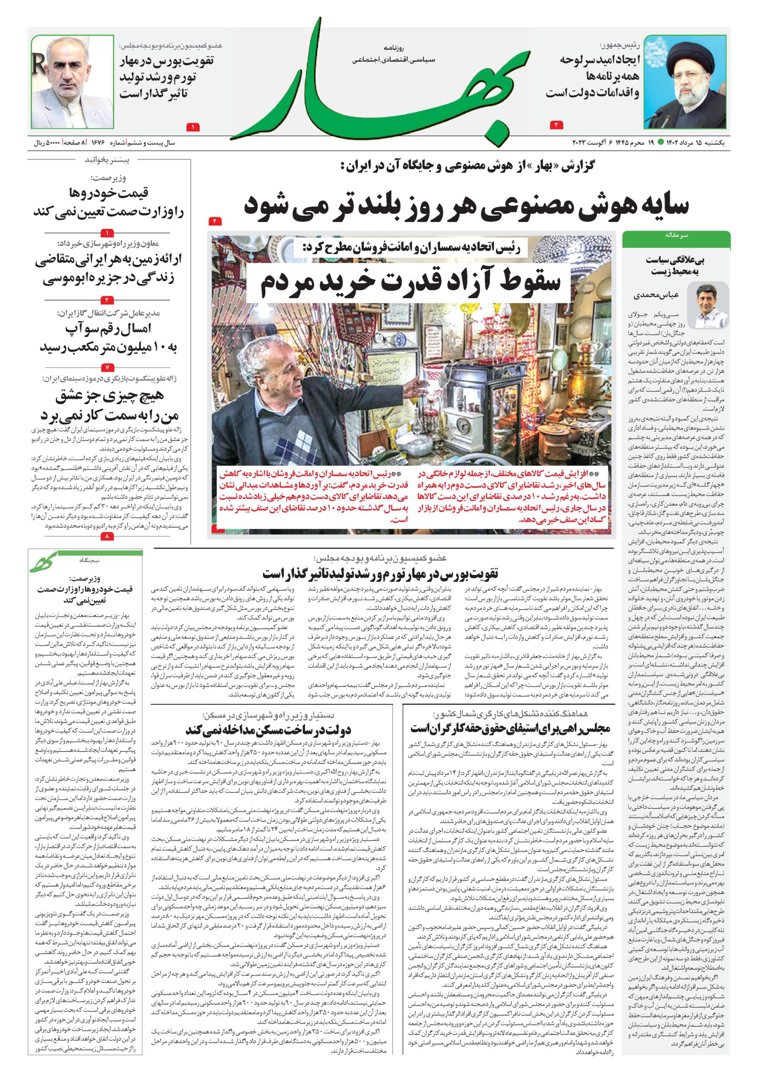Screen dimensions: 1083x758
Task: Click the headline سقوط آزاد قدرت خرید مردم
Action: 410,282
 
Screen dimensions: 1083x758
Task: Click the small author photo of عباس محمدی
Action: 712,307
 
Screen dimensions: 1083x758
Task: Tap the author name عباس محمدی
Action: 663,296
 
